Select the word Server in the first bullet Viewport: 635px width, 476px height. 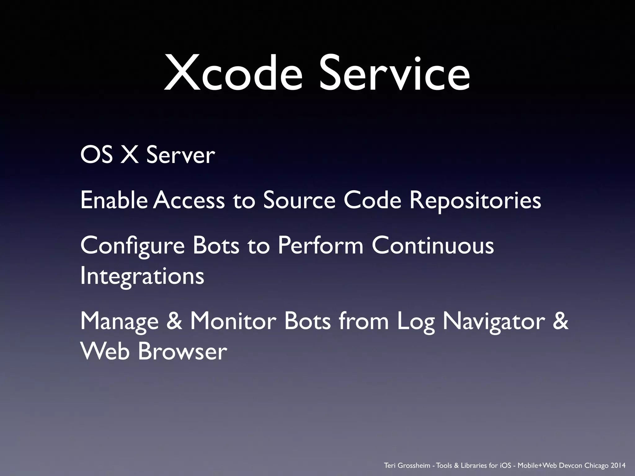click(x=180, y=155)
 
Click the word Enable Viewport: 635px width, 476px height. click(x=114, y=200)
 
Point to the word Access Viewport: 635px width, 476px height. click(x=189, y=200)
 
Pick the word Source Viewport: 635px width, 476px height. click(x=299, y=200)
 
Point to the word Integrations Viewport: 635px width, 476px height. click(x=142, y=276)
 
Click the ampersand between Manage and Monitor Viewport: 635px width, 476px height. click(x=174, y=321)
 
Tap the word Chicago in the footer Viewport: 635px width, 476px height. click(x=596, y=465)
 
